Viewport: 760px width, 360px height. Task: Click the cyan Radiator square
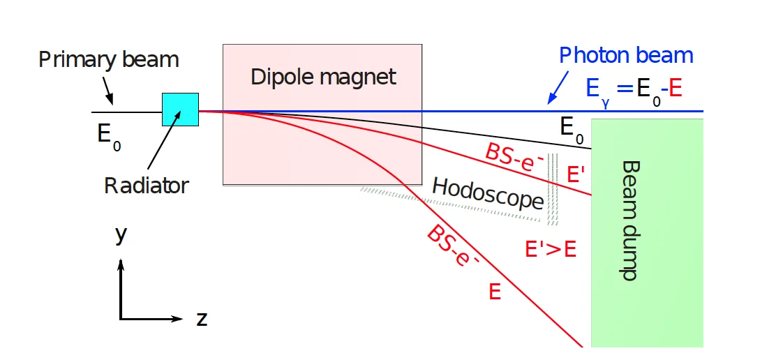point(180,110)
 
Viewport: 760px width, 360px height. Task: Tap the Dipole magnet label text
point(323,76)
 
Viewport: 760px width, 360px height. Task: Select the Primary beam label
point(108,59)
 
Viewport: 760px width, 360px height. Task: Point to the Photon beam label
point(627,55)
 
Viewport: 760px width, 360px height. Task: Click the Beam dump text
point(629,220)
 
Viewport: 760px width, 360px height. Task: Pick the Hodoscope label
point(488,193)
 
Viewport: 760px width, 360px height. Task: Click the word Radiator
point(147,186)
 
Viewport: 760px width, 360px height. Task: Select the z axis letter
point(202,319)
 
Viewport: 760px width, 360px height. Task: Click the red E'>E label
point(551,249)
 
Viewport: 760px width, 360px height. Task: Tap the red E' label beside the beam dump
point(577,174)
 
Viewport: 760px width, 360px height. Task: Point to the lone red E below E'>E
point(494,292)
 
